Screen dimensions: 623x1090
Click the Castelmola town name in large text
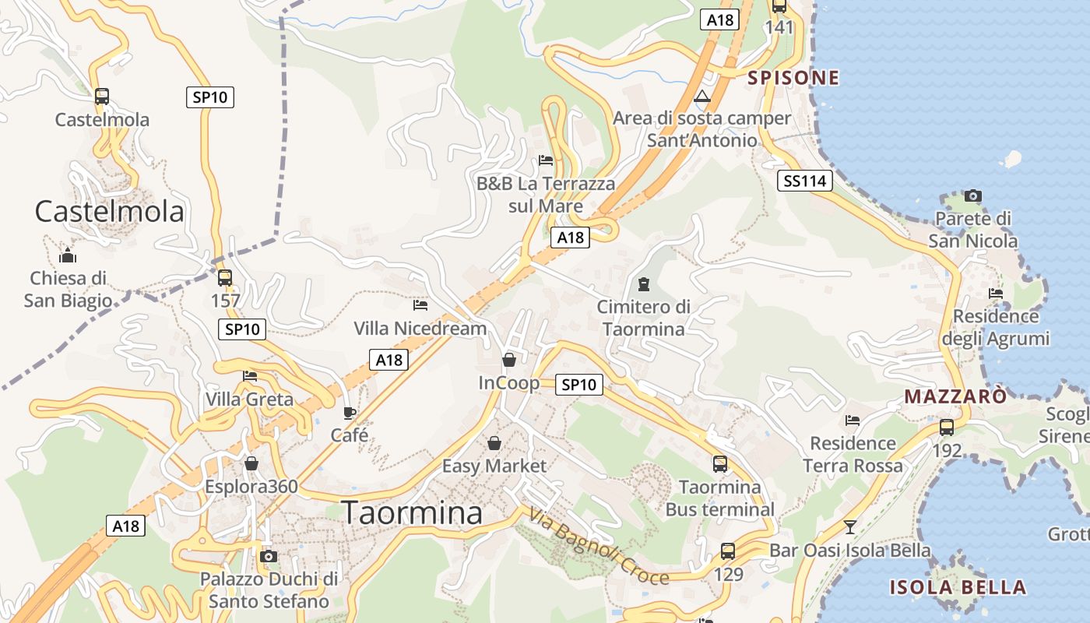point(110,212)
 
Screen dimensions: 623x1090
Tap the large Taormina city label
point(412,513)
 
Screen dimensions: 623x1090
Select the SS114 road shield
point(805,181)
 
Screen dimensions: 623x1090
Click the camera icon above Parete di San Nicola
point(972,196)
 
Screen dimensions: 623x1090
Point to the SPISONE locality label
point(793,78)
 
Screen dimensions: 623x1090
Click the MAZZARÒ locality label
point(955,396)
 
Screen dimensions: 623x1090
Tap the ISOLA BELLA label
point(958,587)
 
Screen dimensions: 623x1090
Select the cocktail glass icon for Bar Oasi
point(850,527)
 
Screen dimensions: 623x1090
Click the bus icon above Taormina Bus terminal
point(720,464)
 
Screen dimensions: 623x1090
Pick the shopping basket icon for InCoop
point(508,360)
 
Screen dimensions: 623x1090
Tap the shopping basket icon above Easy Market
point(494,443)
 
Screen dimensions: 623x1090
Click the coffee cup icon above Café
point(350,413)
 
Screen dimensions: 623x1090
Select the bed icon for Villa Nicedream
point(420,305)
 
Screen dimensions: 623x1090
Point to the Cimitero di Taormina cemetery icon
point(643,283)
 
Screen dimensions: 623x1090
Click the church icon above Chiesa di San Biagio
point(68,255)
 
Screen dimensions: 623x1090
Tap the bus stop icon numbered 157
point(225,277)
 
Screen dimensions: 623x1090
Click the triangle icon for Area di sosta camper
point(702,97)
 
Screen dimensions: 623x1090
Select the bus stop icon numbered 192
point(947,427)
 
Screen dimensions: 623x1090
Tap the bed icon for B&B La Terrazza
point(546,161)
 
